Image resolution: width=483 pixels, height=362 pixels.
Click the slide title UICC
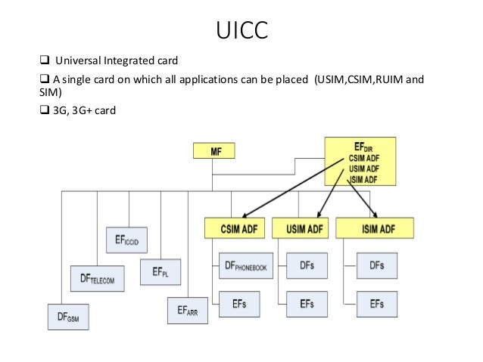[x=241, y=31]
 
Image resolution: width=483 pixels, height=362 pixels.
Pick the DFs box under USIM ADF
[x=307, y=265]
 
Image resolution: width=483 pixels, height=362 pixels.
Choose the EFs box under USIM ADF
[x=307, y=303]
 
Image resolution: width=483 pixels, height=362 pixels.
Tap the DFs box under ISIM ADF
[x=375, y=265]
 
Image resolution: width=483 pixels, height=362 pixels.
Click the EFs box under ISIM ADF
[x=375, y=303]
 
